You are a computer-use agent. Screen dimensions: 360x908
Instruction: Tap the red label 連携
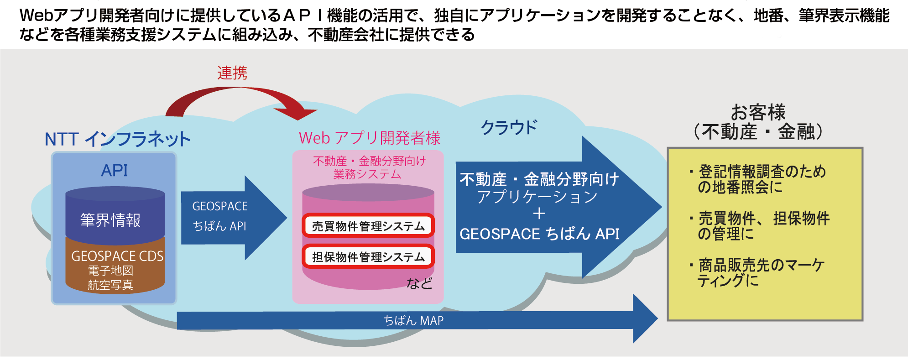coord(232,73)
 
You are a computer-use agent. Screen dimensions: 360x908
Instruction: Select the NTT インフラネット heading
coord(117,139)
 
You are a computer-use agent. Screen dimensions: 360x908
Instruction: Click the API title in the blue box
coord(115,170)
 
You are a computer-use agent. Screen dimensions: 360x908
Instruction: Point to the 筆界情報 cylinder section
coord(110,220)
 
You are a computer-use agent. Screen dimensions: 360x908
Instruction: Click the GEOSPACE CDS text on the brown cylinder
coord(117,256)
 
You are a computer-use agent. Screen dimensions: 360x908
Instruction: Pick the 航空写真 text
coord(110,285)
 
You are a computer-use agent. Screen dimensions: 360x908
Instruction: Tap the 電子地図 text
coord(110,271)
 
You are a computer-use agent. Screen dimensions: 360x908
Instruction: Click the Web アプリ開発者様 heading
coord(369,138)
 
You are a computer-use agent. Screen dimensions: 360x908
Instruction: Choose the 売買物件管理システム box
coord(368,226)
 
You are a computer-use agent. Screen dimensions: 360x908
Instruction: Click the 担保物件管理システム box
coord(368,257)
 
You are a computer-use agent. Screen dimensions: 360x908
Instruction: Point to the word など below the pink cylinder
coord(419,283)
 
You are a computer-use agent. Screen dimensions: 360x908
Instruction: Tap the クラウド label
coord(509,127)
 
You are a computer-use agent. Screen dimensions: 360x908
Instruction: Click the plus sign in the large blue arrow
coord(539,214)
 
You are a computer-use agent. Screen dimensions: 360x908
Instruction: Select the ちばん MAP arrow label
coord(413,321)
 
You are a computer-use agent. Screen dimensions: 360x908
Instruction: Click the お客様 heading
coord(758,112)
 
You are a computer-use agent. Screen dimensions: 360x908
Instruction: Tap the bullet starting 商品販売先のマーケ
coord(760,272)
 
